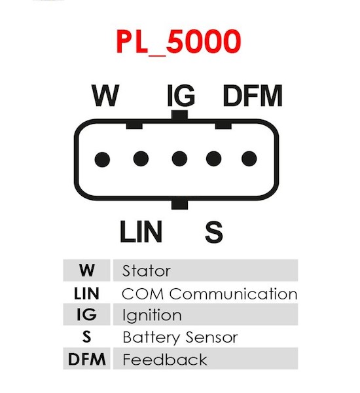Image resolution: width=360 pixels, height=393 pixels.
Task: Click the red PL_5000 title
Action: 179,42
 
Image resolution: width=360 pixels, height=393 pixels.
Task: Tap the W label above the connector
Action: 105,96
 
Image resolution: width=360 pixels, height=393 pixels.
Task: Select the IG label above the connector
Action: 181,96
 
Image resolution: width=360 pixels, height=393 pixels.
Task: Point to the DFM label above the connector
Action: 253,96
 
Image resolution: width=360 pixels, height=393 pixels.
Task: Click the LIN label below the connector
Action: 141,232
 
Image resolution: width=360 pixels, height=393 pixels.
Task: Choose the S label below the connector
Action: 214,232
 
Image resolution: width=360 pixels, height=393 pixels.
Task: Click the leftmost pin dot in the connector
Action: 102,159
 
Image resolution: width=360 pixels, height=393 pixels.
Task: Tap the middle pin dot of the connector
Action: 179,159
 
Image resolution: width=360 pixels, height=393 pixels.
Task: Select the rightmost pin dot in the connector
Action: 249,159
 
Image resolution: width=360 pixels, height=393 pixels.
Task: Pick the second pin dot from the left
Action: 141,159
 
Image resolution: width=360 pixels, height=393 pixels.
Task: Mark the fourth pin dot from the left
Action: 213,159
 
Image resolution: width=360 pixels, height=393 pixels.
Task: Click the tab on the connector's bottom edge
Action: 179,204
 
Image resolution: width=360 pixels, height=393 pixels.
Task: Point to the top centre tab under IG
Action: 179,115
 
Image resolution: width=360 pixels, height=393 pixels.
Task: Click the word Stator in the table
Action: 147,271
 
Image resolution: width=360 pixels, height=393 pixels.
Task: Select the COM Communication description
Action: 209,293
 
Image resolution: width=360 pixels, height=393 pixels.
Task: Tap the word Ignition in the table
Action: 152,316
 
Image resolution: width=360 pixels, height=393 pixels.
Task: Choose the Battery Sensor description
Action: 180,337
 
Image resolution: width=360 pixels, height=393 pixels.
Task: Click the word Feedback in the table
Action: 165,360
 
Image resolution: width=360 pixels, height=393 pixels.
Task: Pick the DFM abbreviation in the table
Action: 86,359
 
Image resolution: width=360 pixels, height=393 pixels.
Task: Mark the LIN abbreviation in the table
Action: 86,293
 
